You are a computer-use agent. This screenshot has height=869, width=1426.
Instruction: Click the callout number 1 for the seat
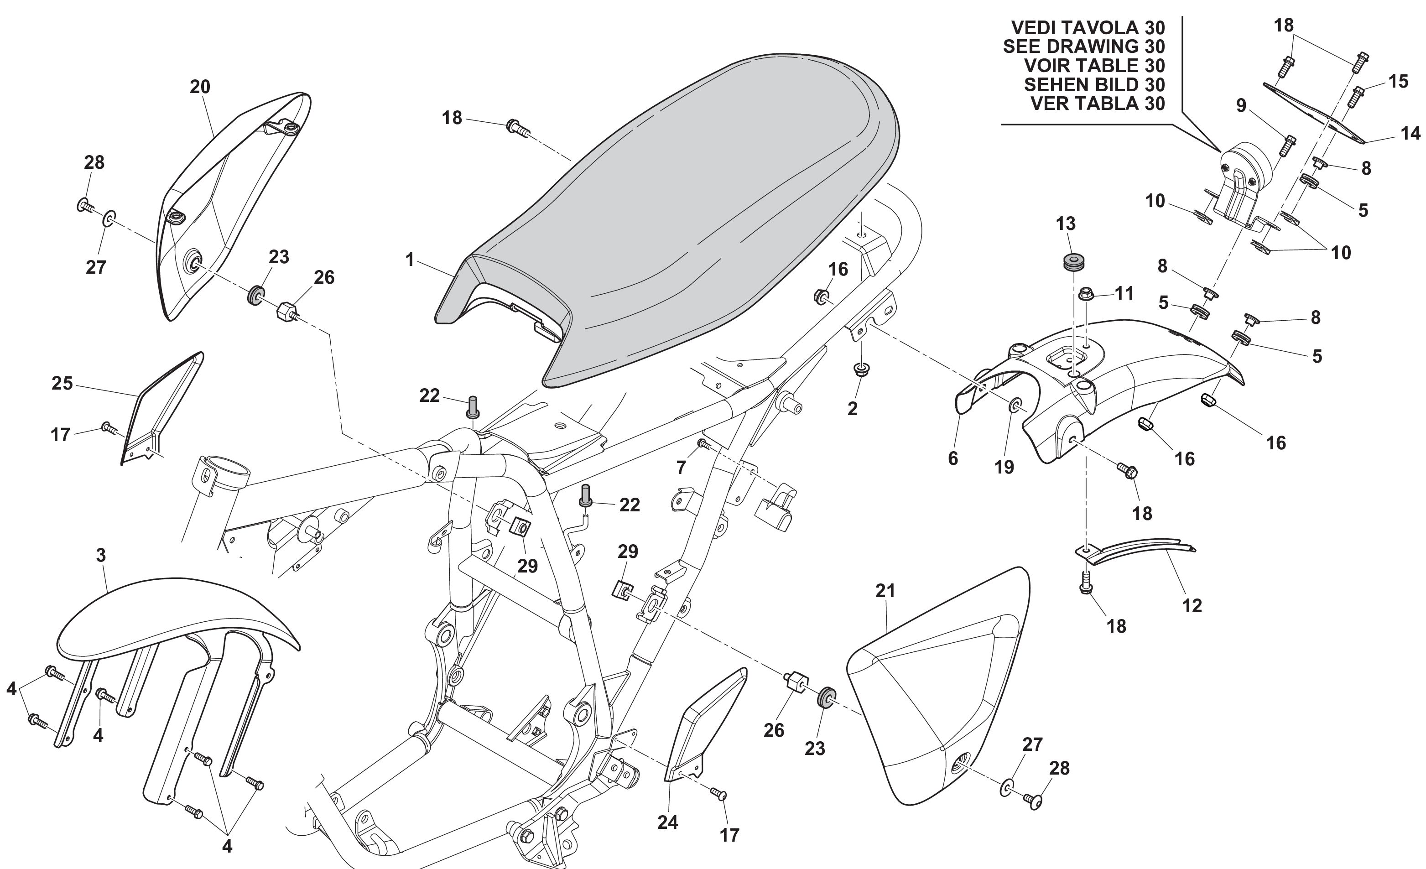(x=410, y=260)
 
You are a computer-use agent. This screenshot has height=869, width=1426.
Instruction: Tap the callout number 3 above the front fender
(x=101, y=556)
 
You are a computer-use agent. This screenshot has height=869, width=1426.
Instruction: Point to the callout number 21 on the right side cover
(x=885, y=591)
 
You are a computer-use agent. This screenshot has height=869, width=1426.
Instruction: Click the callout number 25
(x=62, y=383)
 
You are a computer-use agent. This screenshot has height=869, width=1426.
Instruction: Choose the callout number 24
(x=667, y=822)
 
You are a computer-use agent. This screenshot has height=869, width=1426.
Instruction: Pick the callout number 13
(x=1066, y=224)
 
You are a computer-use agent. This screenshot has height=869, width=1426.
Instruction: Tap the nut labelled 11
(x=1086, y=293)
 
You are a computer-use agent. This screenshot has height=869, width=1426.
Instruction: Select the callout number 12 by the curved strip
(x=1192, y=606)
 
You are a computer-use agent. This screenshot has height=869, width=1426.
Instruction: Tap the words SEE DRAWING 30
(x=1083, y=46)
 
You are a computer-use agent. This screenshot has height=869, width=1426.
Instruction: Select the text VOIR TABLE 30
(x=1094, y=65)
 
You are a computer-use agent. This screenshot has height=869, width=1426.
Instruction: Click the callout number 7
(x=681, y=468)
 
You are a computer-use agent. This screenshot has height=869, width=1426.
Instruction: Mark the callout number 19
(x=1004, y=467)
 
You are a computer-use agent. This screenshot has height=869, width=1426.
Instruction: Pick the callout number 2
(x=852, y=408)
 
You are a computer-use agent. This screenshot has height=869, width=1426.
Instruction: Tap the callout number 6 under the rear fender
(x=952, y=458)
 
